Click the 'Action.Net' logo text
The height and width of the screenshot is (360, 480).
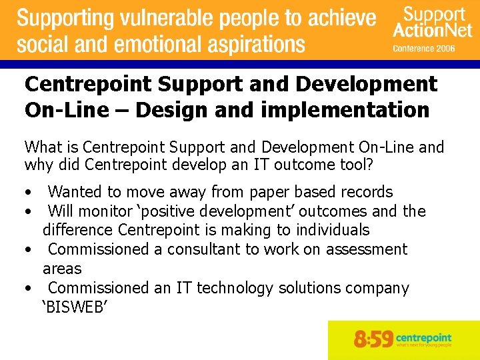(429, 30)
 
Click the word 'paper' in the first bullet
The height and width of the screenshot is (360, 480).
(270, 192)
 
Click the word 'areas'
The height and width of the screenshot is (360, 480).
(62, 269)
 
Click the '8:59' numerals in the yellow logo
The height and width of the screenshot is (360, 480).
(374, 339)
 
